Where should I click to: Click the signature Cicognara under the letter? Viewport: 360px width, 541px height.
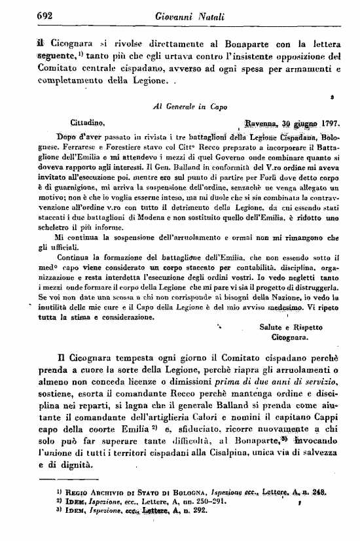(289, 338)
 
